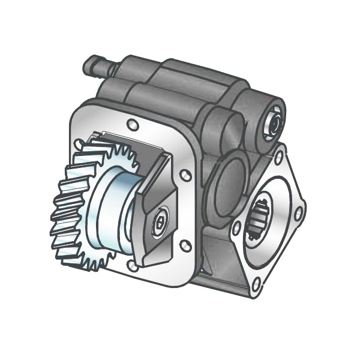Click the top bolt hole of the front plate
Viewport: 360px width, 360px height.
133,124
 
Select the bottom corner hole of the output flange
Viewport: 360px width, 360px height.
257,281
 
